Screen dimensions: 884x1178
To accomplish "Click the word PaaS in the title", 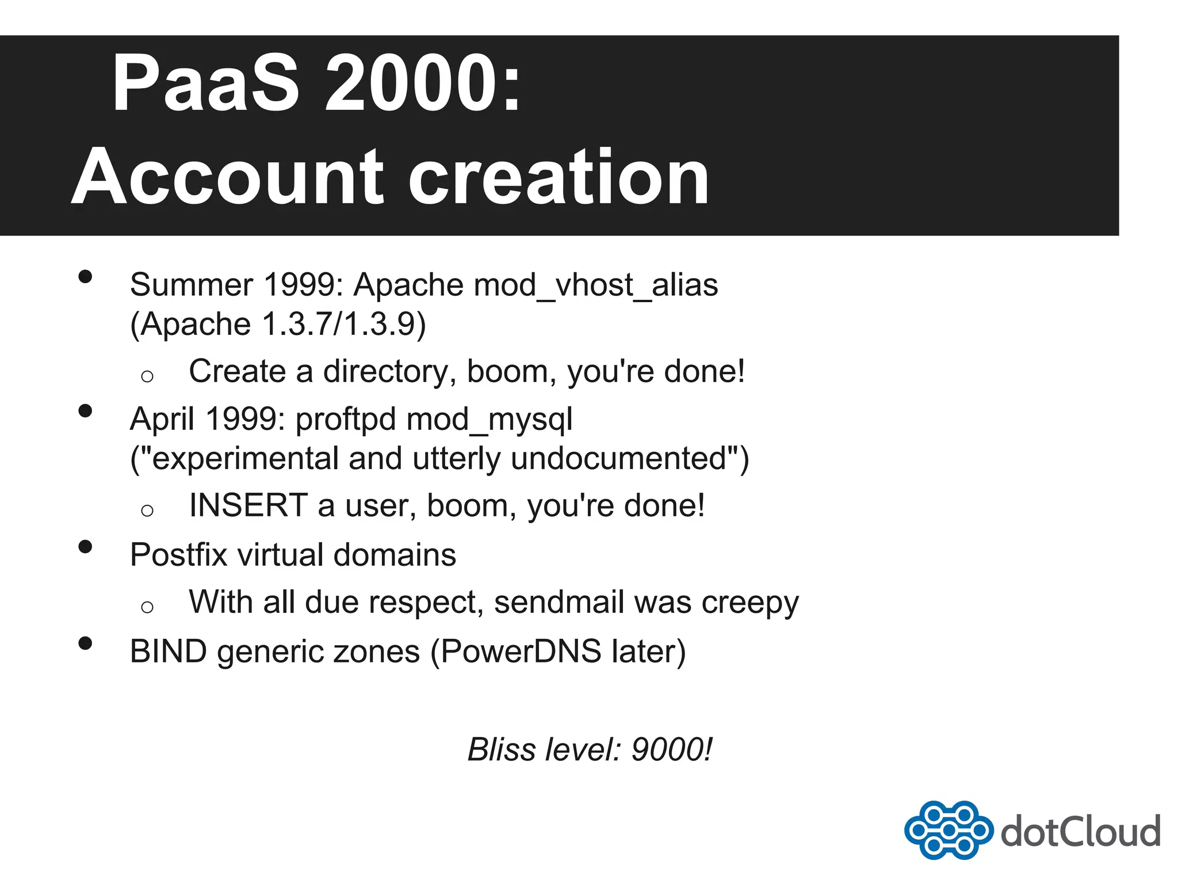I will (x=205, y=83).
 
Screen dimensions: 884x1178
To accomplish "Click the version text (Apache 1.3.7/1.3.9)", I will (x=278, y=324).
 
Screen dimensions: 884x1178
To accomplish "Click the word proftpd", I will (x=346, y=419).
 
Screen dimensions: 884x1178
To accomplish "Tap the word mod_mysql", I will (x=489, y=420).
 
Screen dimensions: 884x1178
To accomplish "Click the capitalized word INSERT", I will (x=248, y=505).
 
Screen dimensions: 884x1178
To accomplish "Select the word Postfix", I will (x=178, y=555).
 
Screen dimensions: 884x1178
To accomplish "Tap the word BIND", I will (x=168, y=651).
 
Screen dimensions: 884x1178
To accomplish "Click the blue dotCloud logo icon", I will (x=948, y=830).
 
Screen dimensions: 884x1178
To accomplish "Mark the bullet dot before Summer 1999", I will (x=85, y=277).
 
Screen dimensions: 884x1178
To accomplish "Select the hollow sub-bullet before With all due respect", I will (x=147, y=607).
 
